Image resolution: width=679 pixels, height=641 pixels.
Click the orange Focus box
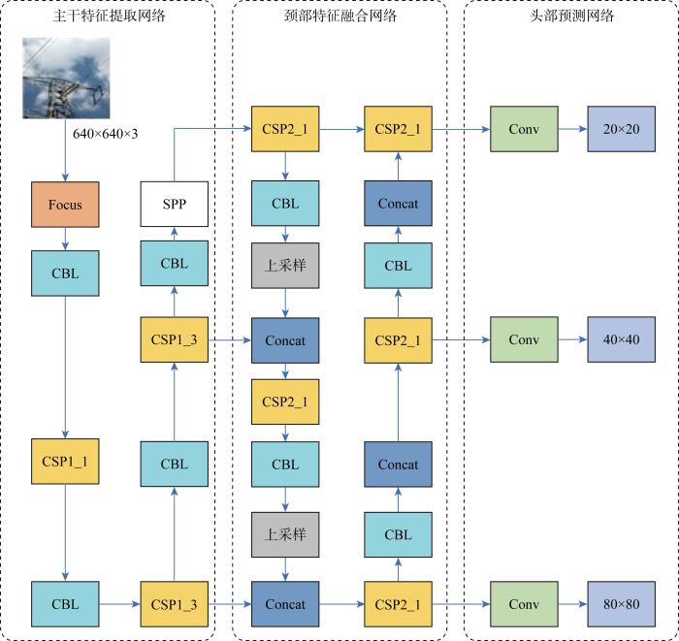tap(64, 205)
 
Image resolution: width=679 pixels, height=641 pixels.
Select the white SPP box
tap(175, 205)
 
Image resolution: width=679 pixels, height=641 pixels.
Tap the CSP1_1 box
tap(64, 462)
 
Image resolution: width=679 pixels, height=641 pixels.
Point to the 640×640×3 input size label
tap(106, 133)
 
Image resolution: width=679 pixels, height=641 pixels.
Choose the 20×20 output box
tap(621, 129)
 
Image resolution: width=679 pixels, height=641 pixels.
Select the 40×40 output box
tap(621, 339)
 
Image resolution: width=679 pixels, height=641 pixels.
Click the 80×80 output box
tap(621, 604)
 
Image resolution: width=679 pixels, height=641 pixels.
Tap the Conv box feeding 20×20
tap(524, 129)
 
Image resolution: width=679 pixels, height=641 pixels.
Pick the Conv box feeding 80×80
tap(524, 604)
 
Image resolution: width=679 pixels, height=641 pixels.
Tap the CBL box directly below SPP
tap(175, 262)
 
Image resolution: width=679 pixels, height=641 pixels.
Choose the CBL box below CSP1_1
tap(64, 604)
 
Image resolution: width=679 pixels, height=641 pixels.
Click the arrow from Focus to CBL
tap(64, 239)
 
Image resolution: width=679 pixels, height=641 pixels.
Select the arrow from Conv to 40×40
tap(572, 339)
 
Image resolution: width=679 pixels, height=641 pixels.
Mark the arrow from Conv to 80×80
tap(572, 604)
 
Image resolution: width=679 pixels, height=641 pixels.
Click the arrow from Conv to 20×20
tap(572, 129)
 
